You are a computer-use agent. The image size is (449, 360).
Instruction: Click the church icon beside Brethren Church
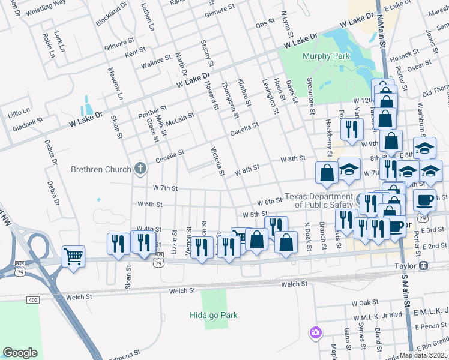(x=140, y=169)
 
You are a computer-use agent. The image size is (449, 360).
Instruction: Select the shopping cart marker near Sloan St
(x=73, y=257)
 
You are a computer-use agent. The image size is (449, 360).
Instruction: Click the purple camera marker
(x=315, y=332)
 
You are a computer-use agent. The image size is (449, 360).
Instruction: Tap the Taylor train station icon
(x=424, y=265)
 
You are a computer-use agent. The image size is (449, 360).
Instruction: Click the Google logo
(x=20, y=353)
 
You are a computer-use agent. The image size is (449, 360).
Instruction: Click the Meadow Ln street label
(x=115, y=84)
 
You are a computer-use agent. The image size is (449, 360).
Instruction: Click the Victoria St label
(x=217, y=161)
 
